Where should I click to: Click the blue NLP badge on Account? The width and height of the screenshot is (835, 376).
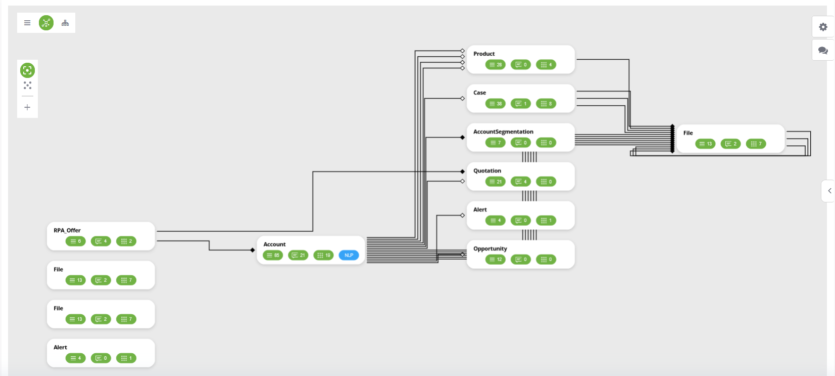(x=349, y=255)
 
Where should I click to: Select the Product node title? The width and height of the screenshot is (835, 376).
(x=484, y=54)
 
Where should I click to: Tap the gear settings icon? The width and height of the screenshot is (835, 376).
(x=823, y=27)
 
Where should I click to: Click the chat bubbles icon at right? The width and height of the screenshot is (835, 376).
(x=823, y=51)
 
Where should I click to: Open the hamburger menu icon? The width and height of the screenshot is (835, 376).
(x=27, y=23)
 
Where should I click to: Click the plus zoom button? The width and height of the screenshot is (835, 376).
(x=27, y=107)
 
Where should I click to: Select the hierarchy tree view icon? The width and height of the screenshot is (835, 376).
(x=65, y=23)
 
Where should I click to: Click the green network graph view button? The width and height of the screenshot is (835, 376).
(x=46, y=23)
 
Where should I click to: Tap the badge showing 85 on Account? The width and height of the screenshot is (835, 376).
(x=273, y=255)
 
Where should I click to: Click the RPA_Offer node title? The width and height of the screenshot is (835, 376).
(x=67, y=230)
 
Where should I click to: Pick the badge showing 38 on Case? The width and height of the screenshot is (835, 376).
(x=496, y=104)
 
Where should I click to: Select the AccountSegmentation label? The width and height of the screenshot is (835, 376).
(x=503, y=132)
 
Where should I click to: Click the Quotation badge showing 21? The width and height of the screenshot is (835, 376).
(x=496, y=182)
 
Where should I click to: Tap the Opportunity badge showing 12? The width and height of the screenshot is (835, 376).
(x=496, y=260)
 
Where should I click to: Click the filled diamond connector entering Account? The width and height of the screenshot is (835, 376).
(x=253, y=250)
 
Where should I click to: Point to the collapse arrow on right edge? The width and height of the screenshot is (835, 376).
(x=829, y=191)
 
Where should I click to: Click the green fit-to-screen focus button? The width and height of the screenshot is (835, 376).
(x=27, y=70)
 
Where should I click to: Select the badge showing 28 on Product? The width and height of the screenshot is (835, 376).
(x=496, y=65)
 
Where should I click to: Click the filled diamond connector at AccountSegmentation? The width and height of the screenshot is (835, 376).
(x=462, y=137)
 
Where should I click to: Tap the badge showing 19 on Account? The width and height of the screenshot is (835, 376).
(x=323, y=255)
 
